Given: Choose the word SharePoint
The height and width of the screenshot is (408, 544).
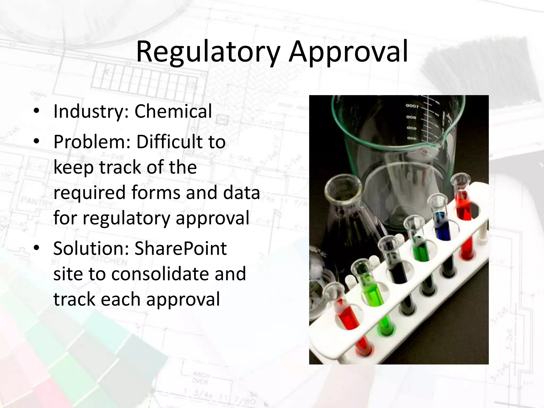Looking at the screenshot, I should tap(181, 249).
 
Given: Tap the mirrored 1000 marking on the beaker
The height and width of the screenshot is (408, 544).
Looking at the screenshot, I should tap(412, 106).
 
